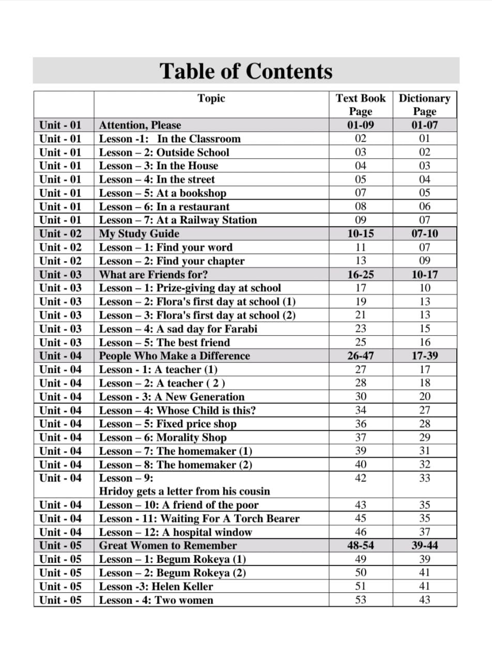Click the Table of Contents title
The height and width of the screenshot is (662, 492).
(x=246, y=71)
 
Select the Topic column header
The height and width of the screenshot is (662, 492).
(x=211, y=98)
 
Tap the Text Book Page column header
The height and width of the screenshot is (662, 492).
(x=361, y=104)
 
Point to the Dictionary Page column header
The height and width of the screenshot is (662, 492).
(x=425, y=104)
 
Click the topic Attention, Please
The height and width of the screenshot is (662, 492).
(x=140, y=125)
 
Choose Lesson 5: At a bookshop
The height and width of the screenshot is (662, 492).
(x=163, y=193)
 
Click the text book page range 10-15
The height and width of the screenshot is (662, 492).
(x=361, y=234)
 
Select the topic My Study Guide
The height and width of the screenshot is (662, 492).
(x=139, y=234)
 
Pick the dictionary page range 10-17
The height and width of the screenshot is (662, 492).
(x=425, y=275)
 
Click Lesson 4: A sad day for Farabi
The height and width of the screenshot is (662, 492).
(x=178, y=329)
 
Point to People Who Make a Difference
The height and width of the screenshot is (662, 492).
(x=174, y=356)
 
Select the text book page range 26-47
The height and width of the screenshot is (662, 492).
(x=361, y=356)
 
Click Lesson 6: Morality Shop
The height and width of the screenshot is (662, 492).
(x=163, y=438)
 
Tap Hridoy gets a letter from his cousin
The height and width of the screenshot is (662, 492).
(x=185, y=491)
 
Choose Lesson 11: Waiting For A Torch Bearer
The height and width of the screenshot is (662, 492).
(x=199, y=518)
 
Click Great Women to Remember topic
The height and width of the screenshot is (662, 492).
(x=167, y=546)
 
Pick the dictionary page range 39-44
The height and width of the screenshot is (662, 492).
(x=425, y=546)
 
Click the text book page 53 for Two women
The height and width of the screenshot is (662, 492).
(x=361, y=600)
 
